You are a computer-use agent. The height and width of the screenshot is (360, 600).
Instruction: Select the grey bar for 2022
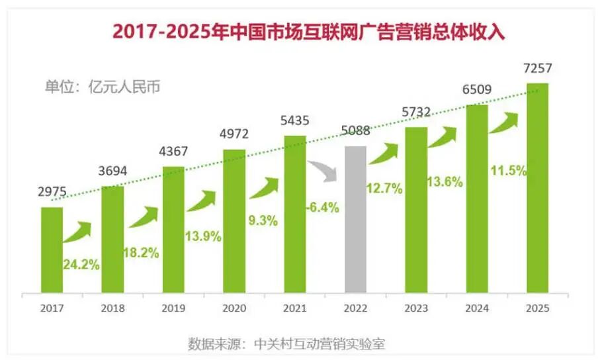(356, 218)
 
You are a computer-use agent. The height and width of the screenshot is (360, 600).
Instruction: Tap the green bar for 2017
(52, 248)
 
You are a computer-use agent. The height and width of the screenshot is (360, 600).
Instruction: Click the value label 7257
(538, 69)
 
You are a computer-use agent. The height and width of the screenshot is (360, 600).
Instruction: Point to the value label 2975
(52, 193)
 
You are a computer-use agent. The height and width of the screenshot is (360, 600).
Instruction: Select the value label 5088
(356, 131)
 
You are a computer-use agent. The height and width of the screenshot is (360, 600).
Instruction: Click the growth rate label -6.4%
(322, 208)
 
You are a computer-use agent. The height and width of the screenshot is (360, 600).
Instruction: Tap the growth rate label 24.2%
(81, 265)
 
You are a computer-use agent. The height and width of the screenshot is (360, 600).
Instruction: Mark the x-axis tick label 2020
(234, 308)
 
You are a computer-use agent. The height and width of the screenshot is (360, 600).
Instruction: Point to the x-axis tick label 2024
(477, 308)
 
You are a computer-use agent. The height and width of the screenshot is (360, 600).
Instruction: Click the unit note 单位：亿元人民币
(103, 87)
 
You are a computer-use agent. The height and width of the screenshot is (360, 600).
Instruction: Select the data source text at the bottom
(295, 344)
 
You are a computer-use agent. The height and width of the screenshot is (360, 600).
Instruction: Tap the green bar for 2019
(173, 228)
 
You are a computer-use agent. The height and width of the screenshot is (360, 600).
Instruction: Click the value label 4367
(173, 152)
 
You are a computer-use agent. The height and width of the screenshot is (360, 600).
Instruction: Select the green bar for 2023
(416, 208)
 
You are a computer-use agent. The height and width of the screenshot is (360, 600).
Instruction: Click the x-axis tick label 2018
(112, 308)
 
